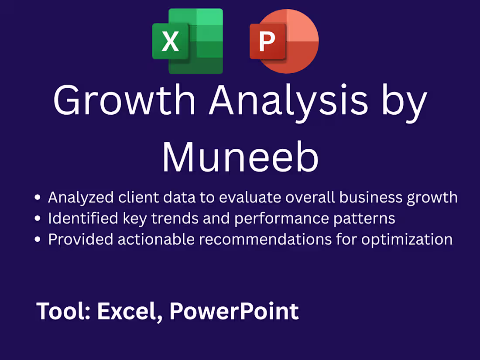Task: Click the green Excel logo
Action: (188, 41)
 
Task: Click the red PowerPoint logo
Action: (284, 41)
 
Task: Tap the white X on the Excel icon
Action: (170, 41)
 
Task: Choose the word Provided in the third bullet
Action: (77, 239)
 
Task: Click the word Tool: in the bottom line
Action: (64, 311)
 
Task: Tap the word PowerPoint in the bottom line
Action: (234, 311)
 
